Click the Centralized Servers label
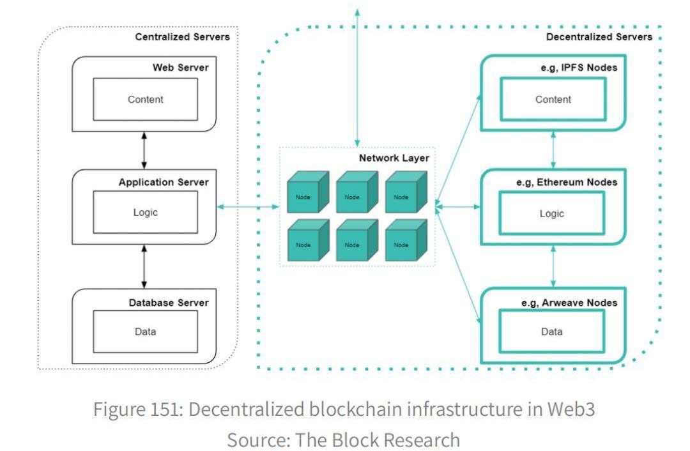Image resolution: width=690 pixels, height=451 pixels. click(182, 37)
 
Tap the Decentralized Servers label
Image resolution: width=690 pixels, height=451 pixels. click(599, 37)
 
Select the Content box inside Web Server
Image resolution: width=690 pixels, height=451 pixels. click(145, 100)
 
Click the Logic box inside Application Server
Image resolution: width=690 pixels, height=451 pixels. click(145, 213)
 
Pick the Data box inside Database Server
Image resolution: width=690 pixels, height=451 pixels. click(145, 332)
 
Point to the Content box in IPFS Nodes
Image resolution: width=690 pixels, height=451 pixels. click(552, 100)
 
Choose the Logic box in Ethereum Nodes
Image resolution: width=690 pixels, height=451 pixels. click(552, 213)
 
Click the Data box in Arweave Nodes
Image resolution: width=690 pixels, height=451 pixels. click(552, 332)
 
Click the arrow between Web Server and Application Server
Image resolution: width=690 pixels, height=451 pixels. click(145, 151)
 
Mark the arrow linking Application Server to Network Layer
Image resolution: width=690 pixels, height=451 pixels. click(248, 206)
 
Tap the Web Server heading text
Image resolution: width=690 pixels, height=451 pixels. click(180, 68)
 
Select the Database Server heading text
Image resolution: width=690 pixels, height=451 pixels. click(169, 302)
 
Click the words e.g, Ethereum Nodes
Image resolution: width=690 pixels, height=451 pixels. click(567, 183)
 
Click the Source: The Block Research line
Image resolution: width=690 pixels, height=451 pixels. click(344, 440)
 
